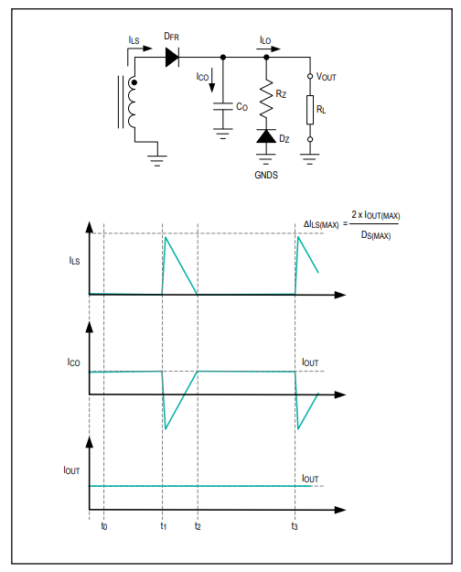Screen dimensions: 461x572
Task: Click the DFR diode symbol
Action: (172, 58)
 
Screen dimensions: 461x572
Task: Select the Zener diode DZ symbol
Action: (266, 136)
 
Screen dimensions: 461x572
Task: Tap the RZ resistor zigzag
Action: (266, 99)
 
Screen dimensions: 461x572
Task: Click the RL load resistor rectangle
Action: (310, 110)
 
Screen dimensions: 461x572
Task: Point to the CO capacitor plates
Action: (223, 106)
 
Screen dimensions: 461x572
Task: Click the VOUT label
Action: (326, 77)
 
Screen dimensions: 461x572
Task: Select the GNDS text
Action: (266, 175)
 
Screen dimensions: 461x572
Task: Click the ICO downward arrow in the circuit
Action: (212, 81)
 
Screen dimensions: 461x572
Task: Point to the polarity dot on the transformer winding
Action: (134, 82)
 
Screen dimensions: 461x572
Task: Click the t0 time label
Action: (104, 526)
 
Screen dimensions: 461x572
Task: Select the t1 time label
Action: (164, 526)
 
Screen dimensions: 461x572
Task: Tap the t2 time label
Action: (198, 526)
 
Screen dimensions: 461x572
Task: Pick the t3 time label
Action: (295, 526)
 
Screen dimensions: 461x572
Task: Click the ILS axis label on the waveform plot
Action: (74, 261)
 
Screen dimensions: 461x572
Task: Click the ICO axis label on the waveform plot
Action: (73, 362)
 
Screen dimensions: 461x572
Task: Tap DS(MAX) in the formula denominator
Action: (376, 235)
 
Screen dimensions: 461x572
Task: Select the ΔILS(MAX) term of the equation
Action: (321, 224)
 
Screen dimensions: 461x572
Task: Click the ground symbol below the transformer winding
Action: (157, 160)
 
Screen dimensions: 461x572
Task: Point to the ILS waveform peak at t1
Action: (166, 237)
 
